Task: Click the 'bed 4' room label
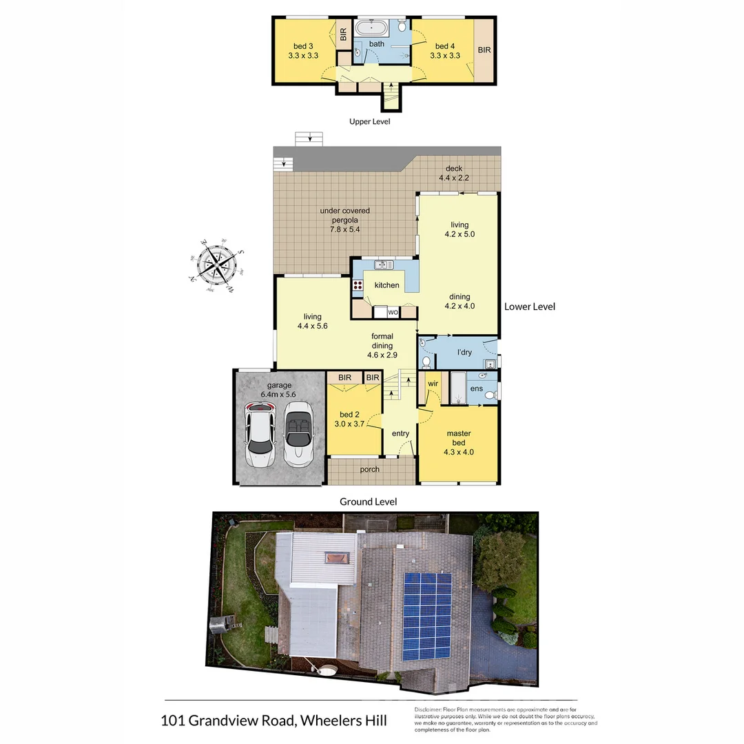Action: point(445,51)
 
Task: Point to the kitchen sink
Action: point(384,265)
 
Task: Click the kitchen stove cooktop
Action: point(358,287)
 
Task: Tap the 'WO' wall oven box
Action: point(393,312)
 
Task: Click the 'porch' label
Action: point(370,470)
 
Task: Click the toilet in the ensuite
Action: point(488,395)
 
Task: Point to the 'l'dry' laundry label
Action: point(465,353)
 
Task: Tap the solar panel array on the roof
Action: point(427,614)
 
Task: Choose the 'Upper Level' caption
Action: point(370,121)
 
